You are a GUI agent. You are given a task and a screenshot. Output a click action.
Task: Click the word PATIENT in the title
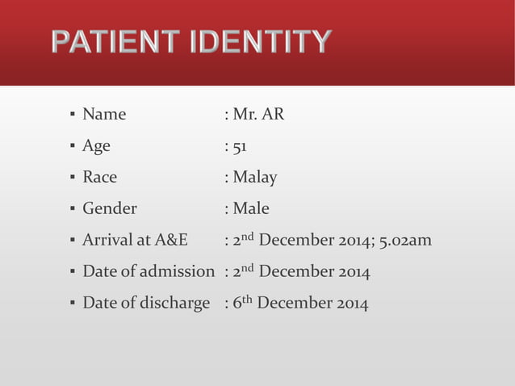(115, 42)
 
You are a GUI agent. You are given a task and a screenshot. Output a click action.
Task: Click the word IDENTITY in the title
(260, 42)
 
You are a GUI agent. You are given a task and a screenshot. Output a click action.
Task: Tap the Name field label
(104, 115)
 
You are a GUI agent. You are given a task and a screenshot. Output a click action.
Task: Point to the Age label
(96, 146)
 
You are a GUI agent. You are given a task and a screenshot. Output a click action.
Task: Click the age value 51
(240, 146)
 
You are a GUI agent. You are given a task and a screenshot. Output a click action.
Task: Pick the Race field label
(99, 177)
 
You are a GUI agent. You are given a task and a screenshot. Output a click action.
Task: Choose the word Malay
(255, 177)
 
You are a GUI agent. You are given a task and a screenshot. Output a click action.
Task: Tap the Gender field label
(110, 208)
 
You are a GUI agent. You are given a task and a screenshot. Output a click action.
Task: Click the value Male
(251, 208)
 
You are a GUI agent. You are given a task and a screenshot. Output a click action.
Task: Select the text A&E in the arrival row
(171, 240)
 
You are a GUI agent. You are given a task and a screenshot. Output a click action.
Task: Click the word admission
(177, 271)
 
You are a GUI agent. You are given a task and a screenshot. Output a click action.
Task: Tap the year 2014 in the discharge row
(352, 303)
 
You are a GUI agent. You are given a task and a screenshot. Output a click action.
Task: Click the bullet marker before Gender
(73, 209)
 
